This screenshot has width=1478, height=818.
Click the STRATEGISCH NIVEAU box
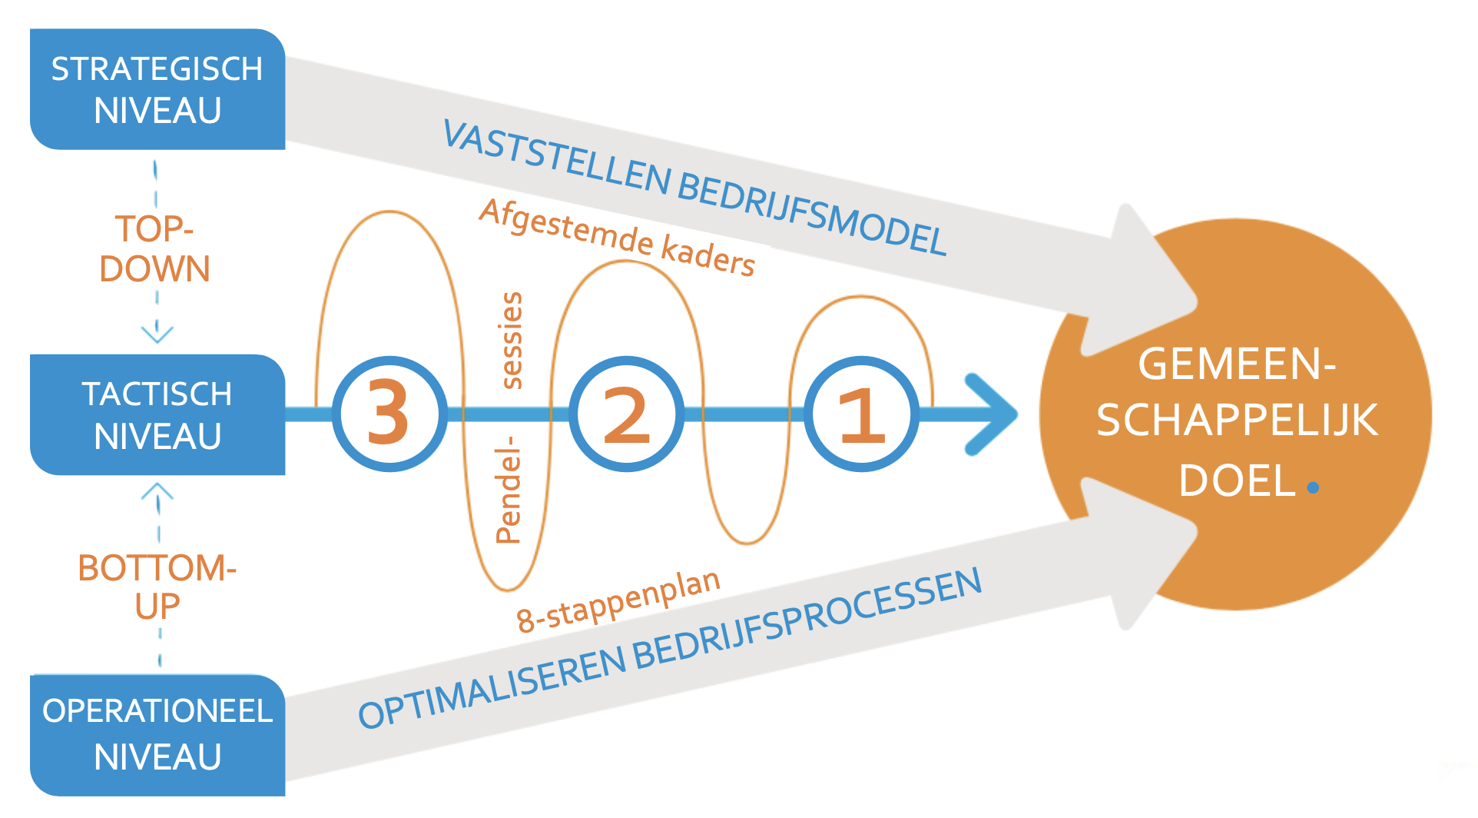157,89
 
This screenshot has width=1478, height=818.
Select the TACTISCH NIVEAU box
157,414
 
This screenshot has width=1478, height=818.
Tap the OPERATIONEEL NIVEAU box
157,734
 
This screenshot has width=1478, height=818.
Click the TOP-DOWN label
154,249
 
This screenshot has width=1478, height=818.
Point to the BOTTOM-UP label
157,587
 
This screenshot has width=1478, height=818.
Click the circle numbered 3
389,414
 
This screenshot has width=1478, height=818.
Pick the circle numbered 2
626,414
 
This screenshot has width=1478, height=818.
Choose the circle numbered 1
862,414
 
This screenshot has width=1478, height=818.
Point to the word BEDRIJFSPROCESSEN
807,620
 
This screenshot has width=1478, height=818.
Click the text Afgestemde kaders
617,237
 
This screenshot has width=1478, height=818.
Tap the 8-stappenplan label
618,601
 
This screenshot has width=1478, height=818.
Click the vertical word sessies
511,341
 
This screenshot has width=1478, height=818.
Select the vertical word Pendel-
509,490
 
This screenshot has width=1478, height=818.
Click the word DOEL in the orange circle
1237,481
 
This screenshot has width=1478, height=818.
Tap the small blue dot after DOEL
1313,487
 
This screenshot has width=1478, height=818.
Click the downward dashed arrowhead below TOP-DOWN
157,334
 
